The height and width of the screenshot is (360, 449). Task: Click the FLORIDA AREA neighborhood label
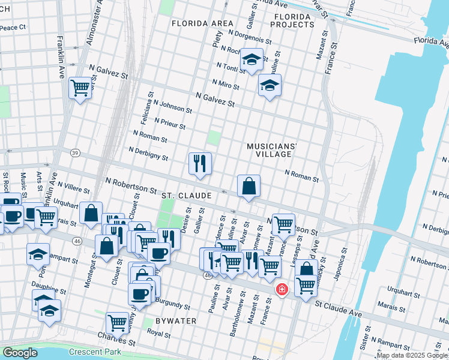pyautogui.click(x=202, y=23)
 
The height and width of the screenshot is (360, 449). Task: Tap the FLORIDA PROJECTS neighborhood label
pyautogui.click(x=292, y=20)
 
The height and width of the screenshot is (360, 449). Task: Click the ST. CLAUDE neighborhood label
pyautogui.click(x=186, y=196)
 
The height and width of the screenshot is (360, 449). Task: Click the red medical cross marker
pyautogui.click(x=280, y=290)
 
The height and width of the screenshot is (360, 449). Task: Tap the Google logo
pyautogui.click(x=20, y=353)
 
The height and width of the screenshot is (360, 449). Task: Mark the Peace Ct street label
pyautogui.click(x=12, y=28)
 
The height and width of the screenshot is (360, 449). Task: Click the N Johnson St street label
pyautogui.click(x=172, y=106)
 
